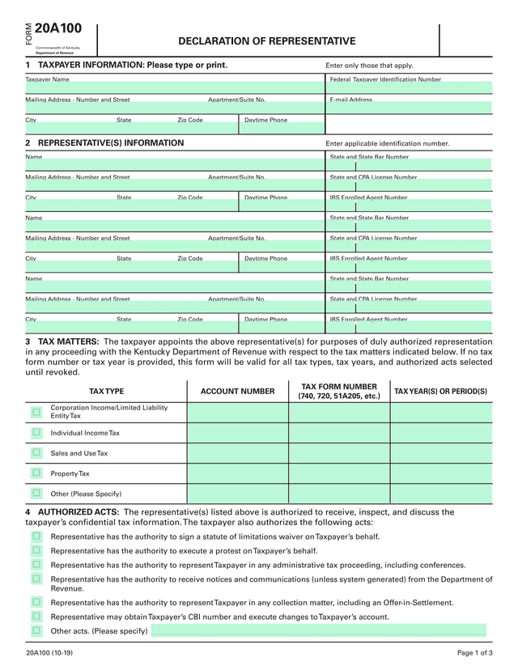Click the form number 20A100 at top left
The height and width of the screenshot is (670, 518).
click(58, 29)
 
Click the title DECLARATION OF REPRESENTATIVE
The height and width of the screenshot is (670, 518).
click(266, 41)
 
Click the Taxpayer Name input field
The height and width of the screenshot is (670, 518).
click(174, 88)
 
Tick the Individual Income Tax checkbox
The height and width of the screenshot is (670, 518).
click(36, 433)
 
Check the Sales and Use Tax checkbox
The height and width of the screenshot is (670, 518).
click(36, 453)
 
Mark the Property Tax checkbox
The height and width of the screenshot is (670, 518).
click(36, 473)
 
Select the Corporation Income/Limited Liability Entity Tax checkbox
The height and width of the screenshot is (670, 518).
click(36, 412)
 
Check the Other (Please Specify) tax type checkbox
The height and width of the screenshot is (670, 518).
click(36, 494)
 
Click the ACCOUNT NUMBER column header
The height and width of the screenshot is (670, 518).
click(237, 392)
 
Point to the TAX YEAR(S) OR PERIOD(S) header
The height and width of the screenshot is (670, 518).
click(440, 392)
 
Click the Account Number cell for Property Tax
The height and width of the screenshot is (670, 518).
click(237, 473)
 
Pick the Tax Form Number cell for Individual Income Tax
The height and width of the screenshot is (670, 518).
click(338, 433)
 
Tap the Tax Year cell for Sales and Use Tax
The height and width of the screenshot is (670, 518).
click(440, 453)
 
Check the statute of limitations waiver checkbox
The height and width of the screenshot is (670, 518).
click(36, 536)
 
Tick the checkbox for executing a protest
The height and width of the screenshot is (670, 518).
click(36, 550)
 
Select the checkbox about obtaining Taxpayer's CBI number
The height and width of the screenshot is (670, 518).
click(36, 617)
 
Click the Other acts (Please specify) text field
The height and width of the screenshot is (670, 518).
click(318, 630)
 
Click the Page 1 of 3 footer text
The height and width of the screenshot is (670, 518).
click(474, 653)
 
